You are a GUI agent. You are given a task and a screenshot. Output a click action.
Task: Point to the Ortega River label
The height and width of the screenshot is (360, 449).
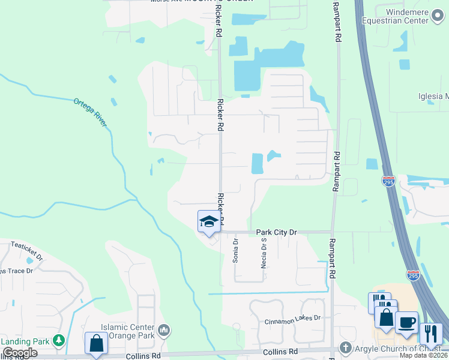(x=90, y=112)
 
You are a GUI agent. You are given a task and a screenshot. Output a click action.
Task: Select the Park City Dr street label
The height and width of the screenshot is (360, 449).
(x=277, y=232)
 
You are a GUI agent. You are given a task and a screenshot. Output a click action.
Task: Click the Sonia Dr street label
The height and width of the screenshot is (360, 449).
(x=236, y=251)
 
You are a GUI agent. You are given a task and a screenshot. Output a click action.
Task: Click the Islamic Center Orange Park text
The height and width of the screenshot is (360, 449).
(x=129, y=331)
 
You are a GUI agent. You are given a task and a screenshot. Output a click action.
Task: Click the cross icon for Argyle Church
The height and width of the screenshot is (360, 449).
(x=345, y=347)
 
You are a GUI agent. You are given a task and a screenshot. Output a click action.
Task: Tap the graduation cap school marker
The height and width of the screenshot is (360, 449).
(x=208, y=221)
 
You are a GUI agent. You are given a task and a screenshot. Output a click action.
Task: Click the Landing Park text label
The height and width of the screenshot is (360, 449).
(x=24, y=341)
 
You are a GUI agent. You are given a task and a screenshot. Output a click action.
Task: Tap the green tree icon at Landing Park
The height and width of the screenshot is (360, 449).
(x=58, y=341)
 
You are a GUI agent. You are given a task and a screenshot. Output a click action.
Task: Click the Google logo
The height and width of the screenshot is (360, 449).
(x=20, y=353)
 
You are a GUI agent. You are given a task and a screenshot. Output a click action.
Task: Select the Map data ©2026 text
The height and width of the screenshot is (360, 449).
(x=423, y=355)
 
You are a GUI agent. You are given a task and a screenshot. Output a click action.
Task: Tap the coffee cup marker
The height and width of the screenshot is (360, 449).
(x=406, y=322)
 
